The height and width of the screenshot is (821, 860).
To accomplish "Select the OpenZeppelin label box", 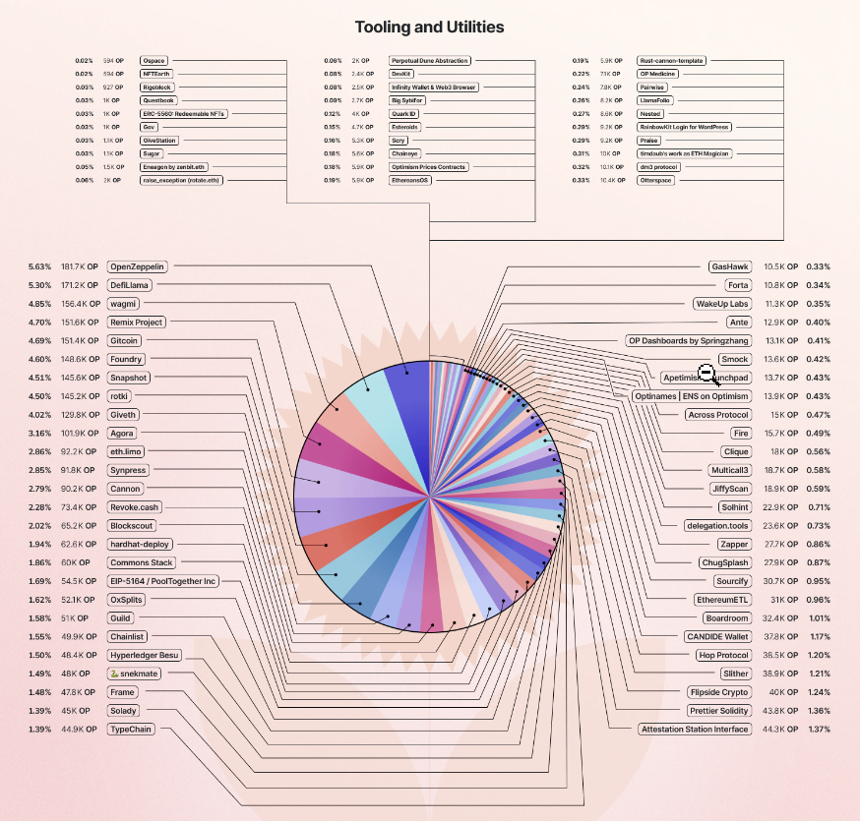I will (x=137, y=266).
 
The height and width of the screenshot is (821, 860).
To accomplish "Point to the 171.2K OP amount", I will (x=80, y=285).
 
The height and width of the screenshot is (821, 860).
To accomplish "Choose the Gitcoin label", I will (x=125, y=340).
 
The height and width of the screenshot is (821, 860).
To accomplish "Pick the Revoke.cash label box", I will (x=135, y=507).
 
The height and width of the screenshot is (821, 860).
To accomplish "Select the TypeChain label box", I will (x=132, y=730).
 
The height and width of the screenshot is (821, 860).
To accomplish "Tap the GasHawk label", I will (x=730, y=266).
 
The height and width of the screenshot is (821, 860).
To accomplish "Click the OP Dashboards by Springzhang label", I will (x=688, y=341).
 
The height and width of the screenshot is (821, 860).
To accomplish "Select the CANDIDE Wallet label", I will (x=717, y=636).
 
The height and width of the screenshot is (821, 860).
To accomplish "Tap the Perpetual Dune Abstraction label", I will (x=430, y=61).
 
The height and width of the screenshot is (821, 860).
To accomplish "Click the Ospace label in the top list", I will (x=154, y=61).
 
